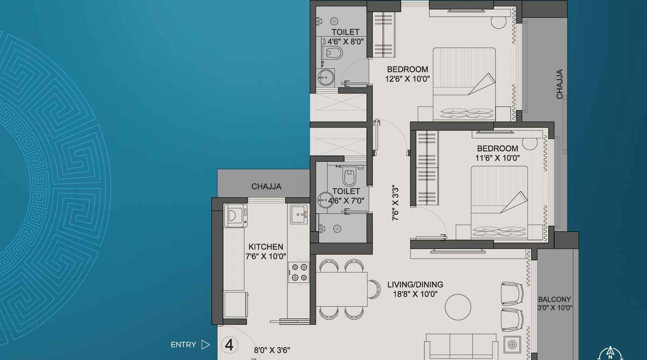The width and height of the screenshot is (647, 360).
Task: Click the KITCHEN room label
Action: click(266, 247)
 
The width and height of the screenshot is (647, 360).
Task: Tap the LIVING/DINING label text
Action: click(415, 285)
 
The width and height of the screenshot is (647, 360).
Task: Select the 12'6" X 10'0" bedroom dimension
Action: click(407, 79)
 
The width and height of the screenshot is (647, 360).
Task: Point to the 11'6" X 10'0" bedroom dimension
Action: click(497, 158)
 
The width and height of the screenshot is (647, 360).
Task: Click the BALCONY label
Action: click(554, 299)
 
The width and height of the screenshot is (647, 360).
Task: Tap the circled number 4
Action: click(229, 345)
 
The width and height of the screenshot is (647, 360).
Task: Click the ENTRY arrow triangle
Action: click(205, 345)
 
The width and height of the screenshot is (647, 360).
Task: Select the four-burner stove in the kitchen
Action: click(299, 272)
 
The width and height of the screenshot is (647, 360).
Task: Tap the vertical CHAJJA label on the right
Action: click(559, 84)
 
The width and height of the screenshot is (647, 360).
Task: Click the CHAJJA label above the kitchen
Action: click(266, 186)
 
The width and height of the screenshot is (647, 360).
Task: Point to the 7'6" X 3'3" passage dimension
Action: click(395, 203)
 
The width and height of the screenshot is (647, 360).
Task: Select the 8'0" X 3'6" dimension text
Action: click(272, 350)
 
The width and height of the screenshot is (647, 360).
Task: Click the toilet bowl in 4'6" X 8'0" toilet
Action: click(332, 53)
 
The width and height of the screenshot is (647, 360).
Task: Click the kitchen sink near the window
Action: click(299, 214)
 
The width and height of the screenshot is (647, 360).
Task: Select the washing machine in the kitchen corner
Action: click(235, 215)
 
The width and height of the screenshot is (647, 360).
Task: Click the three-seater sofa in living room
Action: click(461, 346)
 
